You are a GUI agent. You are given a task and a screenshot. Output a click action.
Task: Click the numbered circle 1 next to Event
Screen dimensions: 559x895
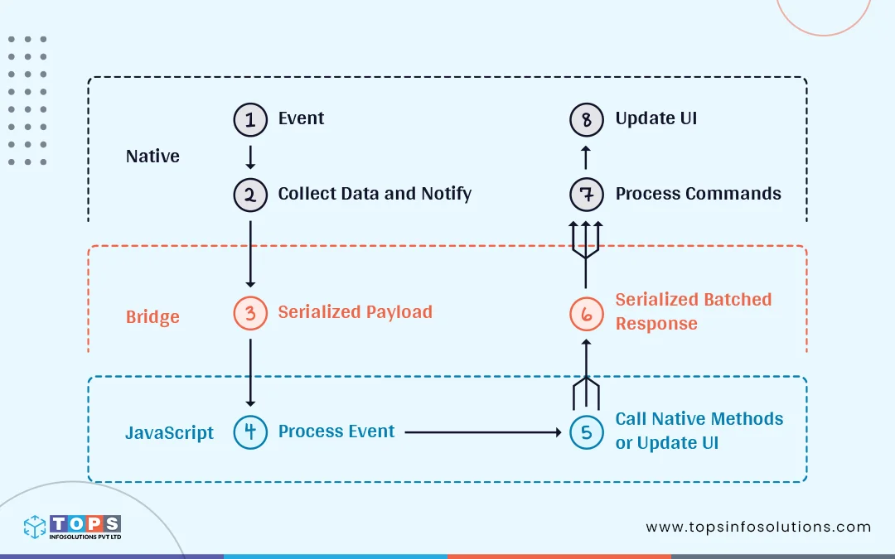point(250,119)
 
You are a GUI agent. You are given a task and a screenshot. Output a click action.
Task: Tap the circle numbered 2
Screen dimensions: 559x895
point(250,195)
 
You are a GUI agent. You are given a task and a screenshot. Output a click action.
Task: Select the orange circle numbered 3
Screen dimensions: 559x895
point(250,313)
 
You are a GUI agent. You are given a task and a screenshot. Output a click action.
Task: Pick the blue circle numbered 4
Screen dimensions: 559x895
point(250,432)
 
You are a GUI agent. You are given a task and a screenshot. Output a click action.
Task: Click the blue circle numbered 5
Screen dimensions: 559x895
point(587,432)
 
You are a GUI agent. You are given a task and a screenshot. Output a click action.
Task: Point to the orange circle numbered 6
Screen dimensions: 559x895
point(587,313)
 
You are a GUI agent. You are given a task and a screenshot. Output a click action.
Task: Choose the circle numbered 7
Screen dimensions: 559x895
point(587,195)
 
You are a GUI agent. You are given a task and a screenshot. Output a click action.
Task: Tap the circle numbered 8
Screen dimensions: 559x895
point(587,119)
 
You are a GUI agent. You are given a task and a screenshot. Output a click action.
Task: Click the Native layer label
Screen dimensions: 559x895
point(152,157)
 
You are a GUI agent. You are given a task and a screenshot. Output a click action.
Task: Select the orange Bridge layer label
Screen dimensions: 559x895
point(152,317)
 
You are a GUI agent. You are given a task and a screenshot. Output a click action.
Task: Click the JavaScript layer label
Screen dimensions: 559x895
point(169,433)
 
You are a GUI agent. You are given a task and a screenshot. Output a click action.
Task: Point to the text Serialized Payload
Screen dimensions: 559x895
point(355,312)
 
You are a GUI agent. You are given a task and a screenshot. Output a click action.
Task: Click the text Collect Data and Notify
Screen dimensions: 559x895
point(375,194)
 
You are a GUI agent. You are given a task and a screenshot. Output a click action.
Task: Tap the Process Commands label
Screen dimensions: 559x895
point(698,194)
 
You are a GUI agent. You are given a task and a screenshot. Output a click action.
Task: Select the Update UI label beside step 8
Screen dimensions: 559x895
point(656,118)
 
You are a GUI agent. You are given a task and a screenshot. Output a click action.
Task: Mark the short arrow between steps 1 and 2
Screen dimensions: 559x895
point(250,157)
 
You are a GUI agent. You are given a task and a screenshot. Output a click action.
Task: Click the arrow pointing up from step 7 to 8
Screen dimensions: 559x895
point(586,157)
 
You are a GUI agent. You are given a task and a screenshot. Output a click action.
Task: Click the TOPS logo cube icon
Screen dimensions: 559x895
point(35,528)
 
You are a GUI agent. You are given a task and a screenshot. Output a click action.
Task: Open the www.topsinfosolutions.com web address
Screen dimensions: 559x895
point(758,527)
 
